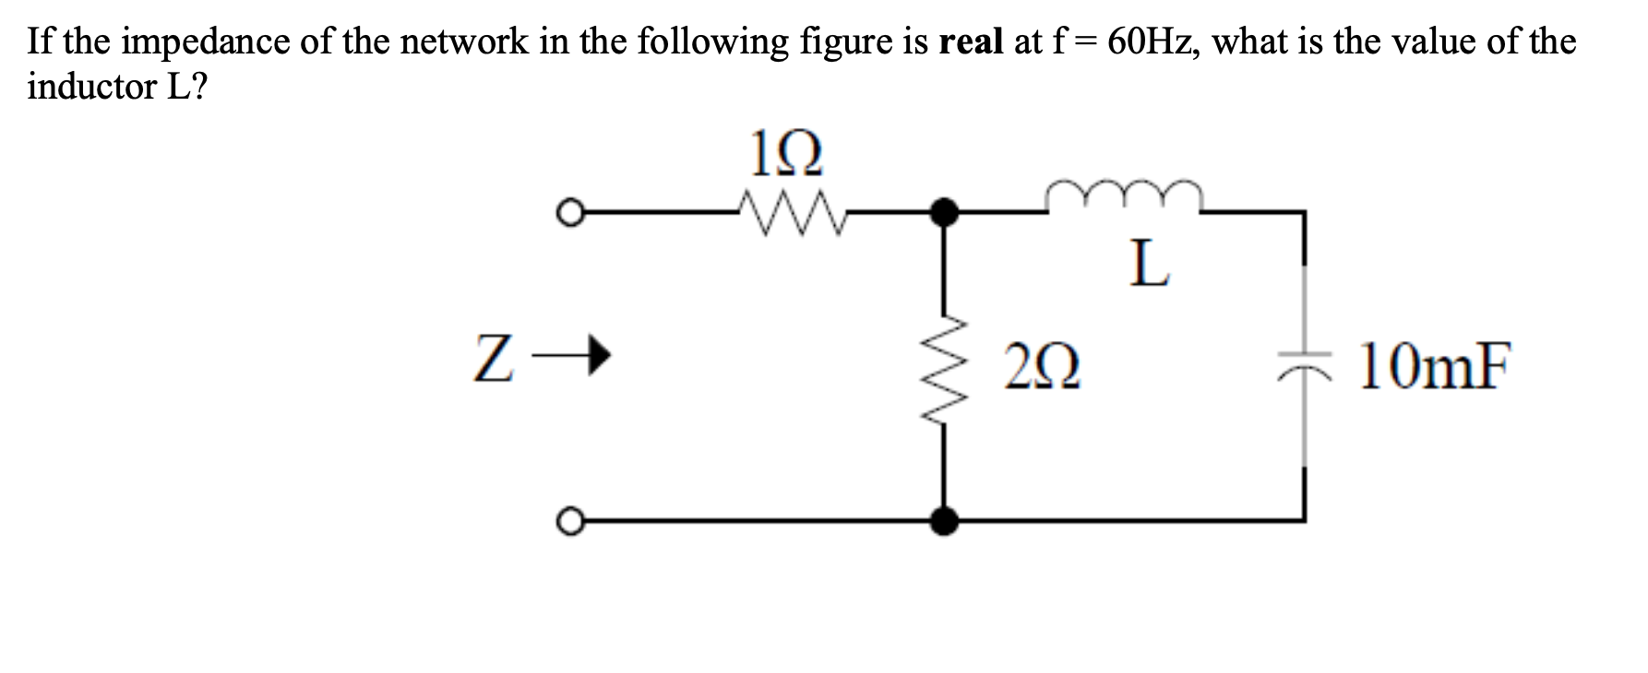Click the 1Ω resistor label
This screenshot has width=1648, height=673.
click(x=785, y=155)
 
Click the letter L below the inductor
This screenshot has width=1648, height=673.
click(x=1150, y=264)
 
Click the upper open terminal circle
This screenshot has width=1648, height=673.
click(x=570, y=213)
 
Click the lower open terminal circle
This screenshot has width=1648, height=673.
click(x=570, y=522)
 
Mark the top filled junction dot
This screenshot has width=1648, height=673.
click(x=943, y=213)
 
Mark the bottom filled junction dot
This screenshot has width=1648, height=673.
click(x=943, y=522)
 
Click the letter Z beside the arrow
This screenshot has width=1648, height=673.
click(x=493, y=358)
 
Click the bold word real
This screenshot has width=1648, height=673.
click(x=970, y=41)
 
